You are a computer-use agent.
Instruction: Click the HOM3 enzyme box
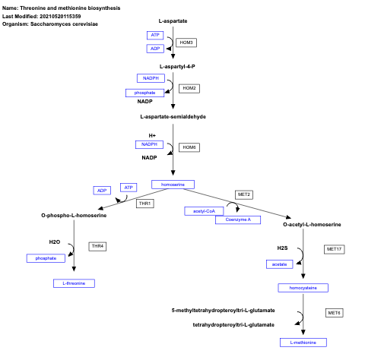pyautogui.click(x=186, y=43)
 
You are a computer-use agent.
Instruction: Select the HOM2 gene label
pyautogui.click(x=189, y=88)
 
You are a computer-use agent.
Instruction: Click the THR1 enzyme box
pyautogui.click(x=144, y=204)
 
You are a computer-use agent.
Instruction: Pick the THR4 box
pyautogui.click(x=97, y=246)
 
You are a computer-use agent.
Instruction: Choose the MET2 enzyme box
pyautogui.click(x=243, y=194)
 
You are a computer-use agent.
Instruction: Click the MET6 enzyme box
pyautogui.click(x=334, y=313)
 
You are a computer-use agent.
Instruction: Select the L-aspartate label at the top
pyautogui.click(x=173, y=21)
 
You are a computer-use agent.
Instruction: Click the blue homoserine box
pyautogui.click(x=173, y=185)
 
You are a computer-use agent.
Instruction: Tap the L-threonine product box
pyautogui.click(x=75, y=283)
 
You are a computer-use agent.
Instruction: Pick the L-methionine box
pyautogui.click(x=303, y=343)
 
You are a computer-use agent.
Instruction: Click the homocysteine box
pyautogui.click(x=303, y=288)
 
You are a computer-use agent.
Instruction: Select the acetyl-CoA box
pyautogui.click(x=204, y=211)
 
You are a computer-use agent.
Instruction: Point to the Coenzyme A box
pyautogui.click(x=238, y=219)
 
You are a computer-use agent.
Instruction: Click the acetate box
pyautogui.click(x=278, y=264)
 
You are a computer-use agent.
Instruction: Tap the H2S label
pyautogui.click(x=282, y=248)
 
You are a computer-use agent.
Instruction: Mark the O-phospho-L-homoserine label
pyautogui.click(x=74, y=216)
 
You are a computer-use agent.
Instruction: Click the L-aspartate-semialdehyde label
pyautogui.click(x=173, y=117)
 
